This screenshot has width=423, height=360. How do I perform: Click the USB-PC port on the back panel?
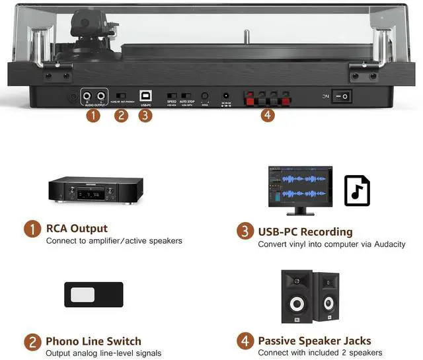pyautogui.click(x=146, y=96)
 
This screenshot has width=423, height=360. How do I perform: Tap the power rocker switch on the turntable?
pyautogui.click(x=342, y=96)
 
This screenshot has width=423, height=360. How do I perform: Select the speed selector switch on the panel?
pyautogui.click(x=172, y=96)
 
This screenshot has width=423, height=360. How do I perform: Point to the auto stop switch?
pyautogui.click(x=187, y=96)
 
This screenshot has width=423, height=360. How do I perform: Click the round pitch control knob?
pyautogui.click(x=205, y=96)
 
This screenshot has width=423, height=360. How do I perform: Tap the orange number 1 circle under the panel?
pyautogui.click(x=93, y=116)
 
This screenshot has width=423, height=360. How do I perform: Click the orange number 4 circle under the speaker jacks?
pyautogui.click(x=267, y=116)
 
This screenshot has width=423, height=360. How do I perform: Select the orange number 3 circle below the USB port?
pyautogui.click(x=146, y=116)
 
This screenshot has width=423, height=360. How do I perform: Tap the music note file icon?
pyautogui.click(x=357, y=191)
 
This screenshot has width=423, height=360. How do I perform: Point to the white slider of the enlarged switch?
pyautogui.click(x=83, y=295)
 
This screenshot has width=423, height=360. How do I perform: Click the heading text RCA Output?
pyautogui.click(x=77, y=229)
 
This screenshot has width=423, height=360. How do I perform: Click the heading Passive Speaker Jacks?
pyautogui.click(x=314, y=342)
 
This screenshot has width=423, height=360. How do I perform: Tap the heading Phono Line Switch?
pyautogui.click(x=93, y=342)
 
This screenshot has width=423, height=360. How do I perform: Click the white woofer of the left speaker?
pyautogui.click(x=297, y=306)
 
